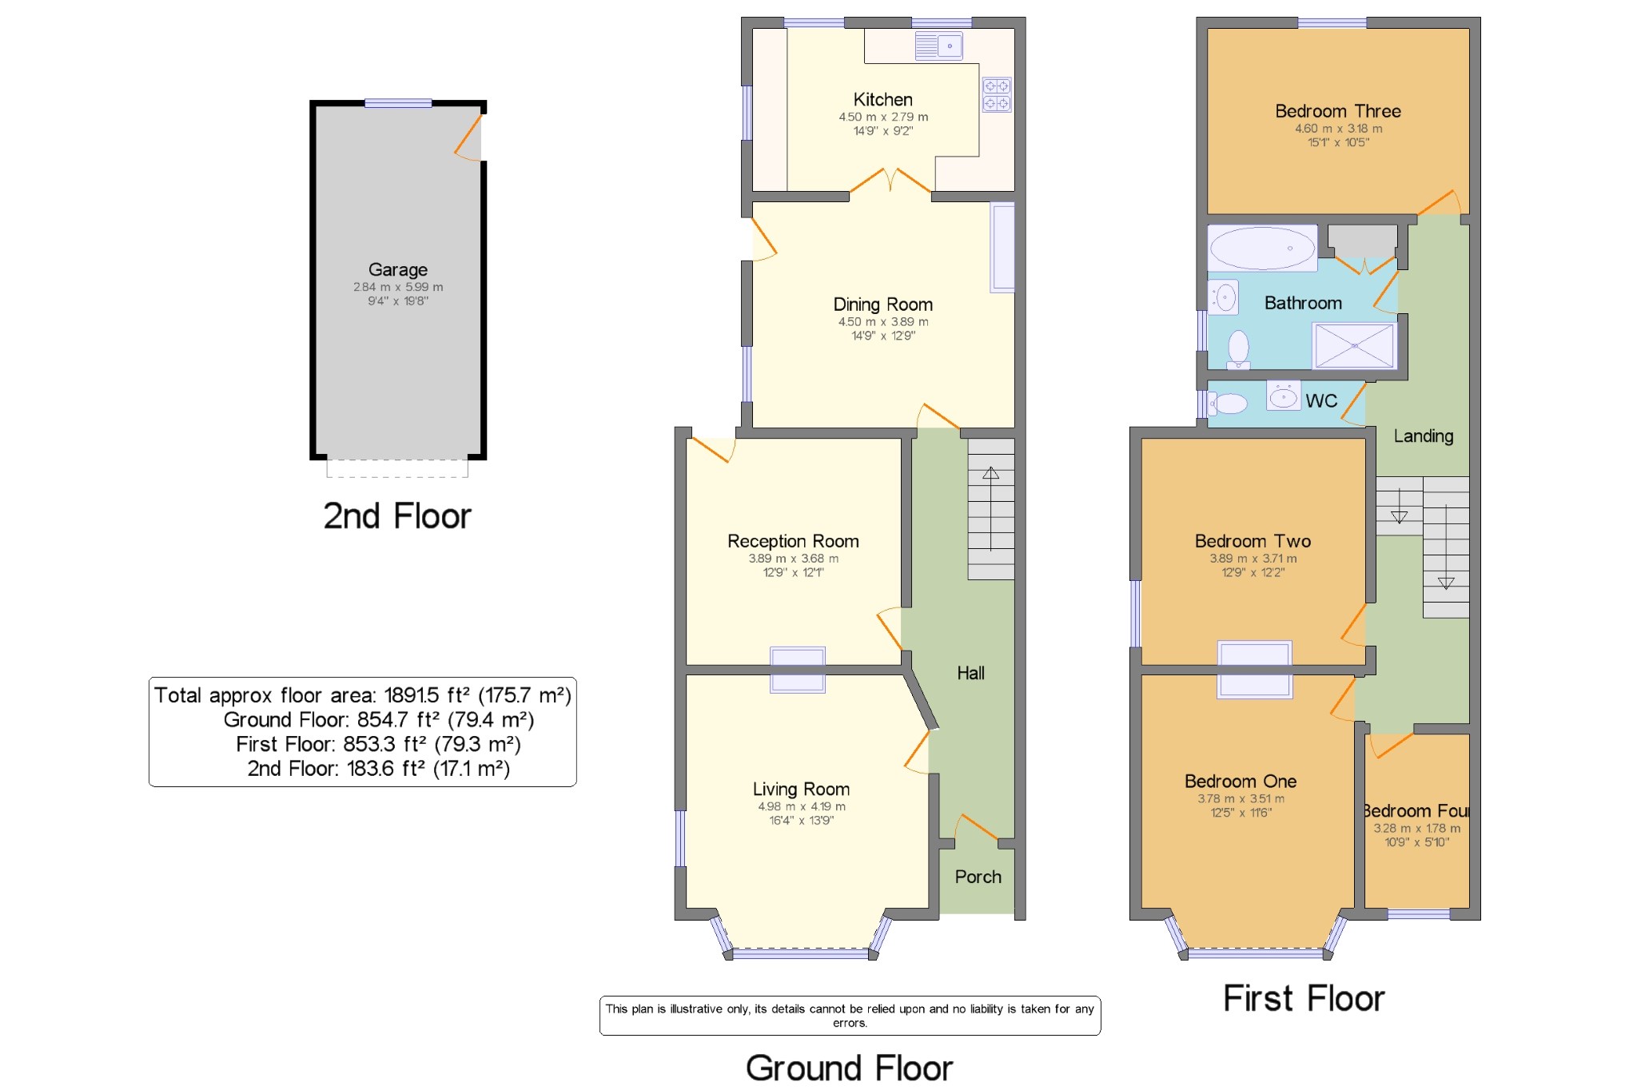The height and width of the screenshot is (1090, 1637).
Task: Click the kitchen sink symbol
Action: point(938,46)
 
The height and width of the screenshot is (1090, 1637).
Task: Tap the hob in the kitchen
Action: point(996,94)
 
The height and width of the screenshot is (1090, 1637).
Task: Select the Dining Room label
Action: point(882,304)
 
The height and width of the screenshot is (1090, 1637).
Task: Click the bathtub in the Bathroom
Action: point(1261,248)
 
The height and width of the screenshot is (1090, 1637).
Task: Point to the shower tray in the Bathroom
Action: point(1354,346)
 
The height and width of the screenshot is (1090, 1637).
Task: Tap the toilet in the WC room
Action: point(1226,404)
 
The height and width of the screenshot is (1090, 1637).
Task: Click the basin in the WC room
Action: point(1283,396)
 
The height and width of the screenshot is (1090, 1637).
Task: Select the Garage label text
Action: point(397,270)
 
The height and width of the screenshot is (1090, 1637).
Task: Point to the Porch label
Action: point(978,877)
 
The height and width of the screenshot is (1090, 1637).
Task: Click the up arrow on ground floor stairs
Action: point(990,474)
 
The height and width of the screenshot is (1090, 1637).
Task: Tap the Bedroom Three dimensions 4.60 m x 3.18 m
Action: point(1338,129)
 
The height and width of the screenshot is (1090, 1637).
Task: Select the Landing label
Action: point(1423,436)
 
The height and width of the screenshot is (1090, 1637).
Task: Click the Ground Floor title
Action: point(849,1068)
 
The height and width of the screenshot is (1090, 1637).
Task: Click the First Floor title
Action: point(1303,999)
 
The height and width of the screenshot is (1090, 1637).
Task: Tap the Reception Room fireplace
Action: point(797,658)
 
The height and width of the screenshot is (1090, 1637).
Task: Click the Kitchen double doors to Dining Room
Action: point(890,181)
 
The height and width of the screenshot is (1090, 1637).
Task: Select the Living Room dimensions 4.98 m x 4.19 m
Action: point(801,807)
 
